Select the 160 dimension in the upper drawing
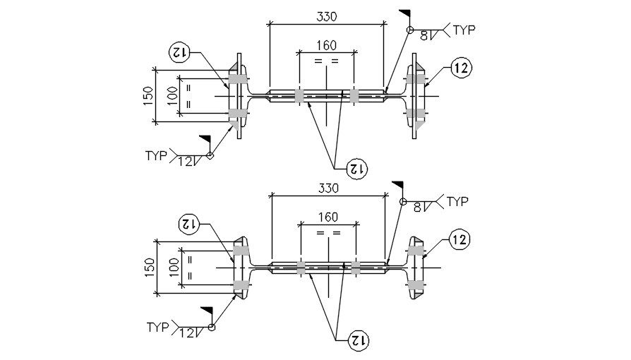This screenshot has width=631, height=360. pos(325,44)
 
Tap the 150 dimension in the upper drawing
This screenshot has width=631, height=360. pos(148,95)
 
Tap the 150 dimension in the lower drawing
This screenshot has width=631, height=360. pos(149,267)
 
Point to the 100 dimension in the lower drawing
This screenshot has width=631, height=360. pos(173,268)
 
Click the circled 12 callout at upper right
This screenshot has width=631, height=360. pos(459,68)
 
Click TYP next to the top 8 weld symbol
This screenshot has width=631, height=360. pos(464,30)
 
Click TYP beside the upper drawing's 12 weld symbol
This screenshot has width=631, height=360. pos(157,155)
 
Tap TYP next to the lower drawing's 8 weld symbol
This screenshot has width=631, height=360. pos(457,202)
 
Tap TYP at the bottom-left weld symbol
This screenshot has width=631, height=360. pos(158,327)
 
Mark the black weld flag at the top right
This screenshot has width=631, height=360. pos(405,13)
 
